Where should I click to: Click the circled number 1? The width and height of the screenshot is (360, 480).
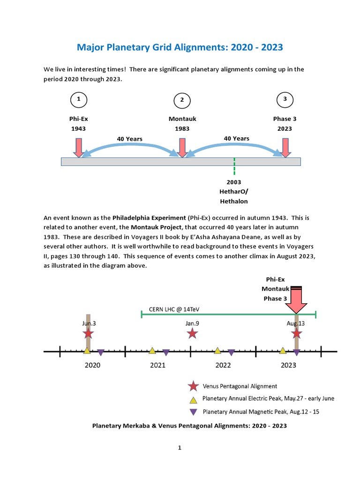coord(79,99)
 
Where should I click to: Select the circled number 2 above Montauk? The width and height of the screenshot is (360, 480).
coord(182,100)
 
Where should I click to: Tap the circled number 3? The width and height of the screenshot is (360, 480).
coord(285,99)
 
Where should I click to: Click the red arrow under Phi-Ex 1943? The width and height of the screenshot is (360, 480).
coord(79,147)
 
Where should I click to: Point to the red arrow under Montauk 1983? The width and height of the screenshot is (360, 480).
coord(182,147)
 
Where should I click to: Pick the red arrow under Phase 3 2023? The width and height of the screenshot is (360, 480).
coord(285,147)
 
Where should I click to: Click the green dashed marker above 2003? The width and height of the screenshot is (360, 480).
coord(234,166)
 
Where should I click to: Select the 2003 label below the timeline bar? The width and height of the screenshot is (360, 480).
coord(234,182)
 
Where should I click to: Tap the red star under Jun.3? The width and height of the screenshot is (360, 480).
coord(88,334)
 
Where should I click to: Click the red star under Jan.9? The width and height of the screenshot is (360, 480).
coord(192,334)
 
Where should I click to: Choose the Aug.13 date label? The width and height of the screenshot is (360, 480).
coord(295,323)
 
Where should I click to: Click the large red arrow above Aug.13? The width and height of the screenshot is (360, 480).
coord(296,302)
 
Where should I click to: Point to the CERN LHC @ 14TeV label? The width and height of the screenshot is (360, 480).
coord(178,309)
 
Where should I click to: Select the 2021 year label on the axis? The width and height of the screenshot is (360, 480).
coord(157,366)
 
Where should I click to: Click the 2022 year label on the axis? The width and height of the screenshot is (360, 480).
coord(223,366)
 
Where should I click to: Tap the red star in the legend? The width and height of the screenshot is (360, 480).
coord(193,387)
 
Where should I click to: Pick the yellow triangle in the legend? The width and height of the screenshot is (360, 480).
coord(193,400)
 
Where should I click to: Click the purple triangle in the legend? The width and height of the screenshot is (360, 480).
coord(193,412)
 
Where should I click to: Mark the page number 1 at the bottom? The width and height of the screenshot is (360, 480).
coord(180,448)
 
